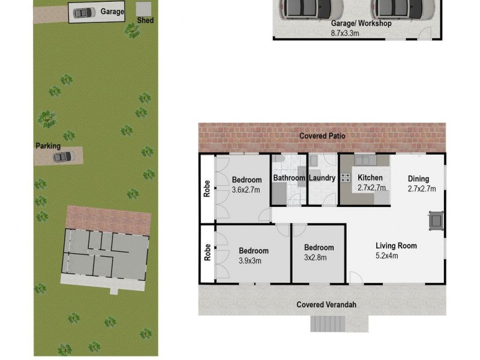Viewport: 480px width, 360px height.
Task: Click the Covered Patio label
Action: pos(322,136)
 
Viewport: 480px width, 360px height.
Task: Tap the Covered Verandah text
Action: pos(326,305)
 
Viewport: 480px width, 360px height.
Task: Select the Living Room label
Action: pos(396,245)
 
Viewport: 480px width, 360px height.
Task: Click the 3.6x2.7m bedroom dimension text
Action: pos(247,189)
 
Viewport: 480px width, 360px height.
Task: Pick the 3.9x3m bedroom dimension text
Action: pos(253,260)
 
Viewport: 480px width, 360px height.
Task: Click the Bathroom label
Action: pos(289,178)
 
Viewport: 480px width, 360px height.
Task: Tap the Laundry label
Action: pos(322,178)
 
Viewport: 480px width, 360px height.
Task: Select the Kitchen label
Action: pos(370,178)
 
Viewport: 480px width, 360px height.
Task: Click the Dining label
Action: pos(419,178)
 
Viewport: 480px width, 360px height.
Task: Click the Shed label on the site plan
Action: pos(145,20)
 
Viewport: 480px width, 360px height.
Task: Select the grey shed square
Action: pos(143,8)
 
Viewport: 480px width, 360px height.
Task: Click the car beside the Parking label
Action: pos(62,157)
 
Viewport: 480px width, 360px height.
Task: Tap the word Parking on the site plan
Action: pos(48,146)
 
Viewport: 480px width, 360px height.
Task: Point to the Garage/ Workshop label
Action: pos(361,24)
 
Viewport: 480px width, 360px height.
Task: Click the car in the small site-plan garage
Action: pos(83,12)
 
